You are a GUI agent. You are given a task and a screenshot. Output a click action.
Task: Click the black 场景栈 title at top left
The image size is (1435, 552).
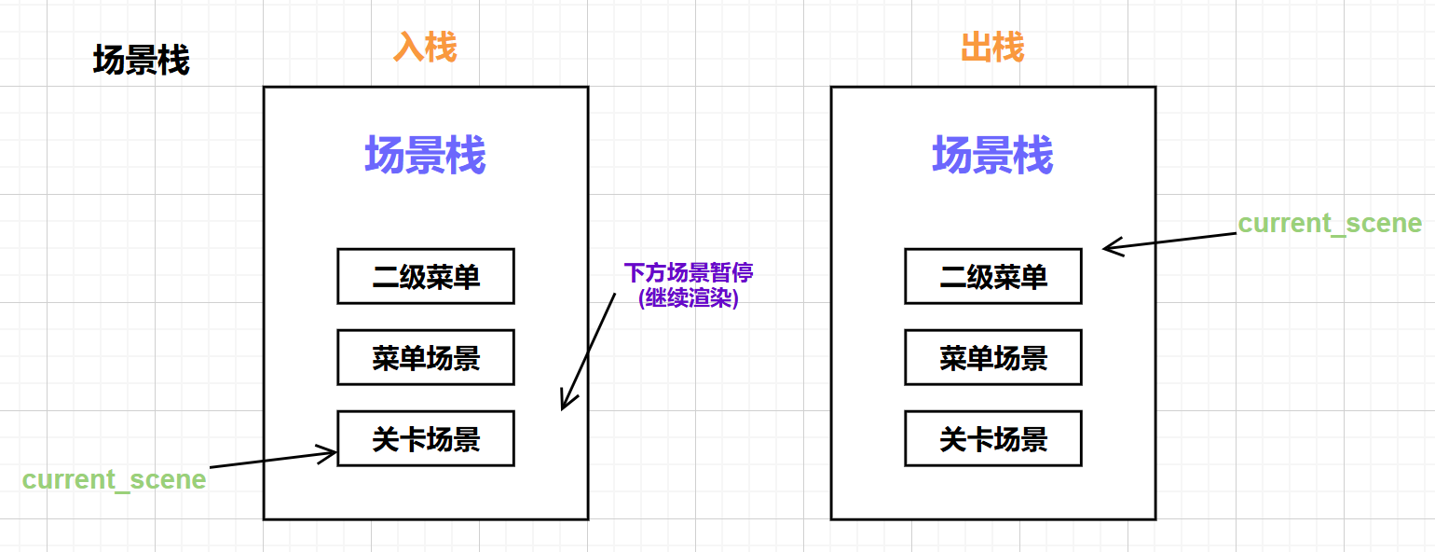tap(142, 62)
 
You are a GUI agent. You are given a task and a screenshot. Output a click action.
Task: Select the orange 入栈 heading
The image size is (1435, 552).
tap(425, 47)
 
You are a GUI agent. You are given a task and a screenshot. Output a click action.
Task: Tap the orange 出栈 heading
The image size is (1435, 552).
tap(992, 47)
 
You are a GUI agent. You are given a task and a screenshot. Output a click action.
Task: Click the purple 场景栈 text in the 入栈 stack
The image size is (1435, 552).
tap(425, 155)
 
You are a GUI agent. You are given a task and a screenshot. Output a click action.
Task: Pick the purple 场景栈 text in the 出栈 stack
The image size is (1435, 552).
tap(992, 155)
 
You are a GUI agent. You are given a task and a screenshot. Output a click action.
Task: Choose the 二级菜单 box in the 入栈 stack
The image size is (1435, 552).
tap(426, 276)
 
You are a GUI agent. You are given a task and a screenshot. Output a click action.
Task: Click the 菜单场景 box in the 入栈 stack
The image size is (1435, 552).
tap(426, 357)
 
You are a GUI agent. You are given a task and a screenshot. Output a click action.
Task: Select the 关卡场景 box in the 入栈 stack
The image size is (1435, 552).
tap(426, 438)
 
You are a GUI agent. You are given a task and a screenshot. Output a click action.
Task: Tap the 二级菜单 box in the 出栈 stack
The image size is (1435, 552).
tap(993, 276)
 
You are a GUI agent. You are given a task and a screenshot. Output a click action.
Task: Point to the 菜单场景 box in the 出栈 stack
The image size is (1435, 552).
tap(993, 357)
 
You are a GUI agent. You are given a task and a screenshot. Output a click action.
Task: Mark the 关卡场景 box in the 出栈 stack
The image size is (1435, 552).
tap(993, 438)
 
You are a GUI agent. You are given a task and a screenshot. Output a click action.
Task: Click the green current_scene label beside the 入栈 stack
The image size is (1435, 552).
tap(114, 479)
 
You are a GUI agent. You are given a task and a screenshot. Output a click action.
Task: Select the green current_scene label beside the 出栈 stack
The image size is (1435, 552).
tap(1330, 224)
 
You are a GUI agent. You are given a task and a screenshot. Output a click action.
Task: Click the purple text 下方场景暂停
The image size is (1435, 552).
tap(688, 272)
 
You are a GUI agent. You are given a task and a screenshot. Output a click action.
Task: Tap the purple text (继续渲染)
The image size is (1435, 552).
tap(688, 299)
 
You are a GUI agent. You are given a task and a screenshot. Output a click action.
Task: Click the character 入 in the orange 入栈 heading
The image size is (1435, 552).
tap(408, 47)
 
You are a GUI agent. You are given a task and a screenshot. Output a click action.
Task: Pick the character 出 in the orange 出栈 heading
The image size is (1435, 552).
tap(976, 47)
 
